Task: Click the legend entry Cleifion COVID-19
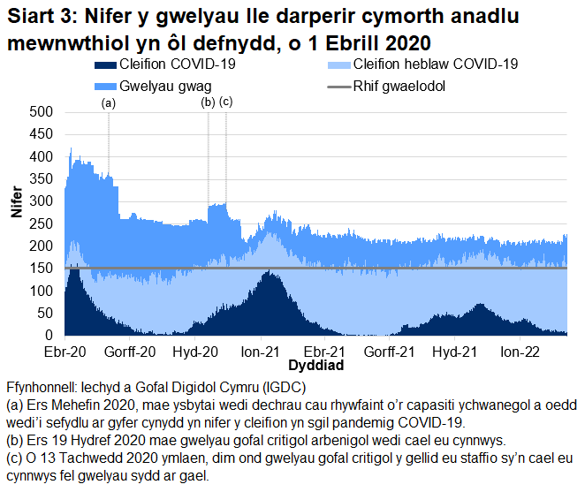tap(168, 64)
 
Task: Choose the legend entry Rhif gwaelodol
tap(399, 87)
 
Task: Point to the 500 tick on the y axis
tap(41, 112)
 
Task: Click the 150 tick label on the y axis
tap(41, 269)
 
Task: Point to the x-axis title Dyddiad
tap(315, 364)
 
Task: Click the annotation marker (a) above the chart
tap(109, 102)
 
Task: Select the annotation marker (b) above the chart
tap(209, 102)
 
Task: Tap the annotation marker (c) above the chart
tap(225, 102)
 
